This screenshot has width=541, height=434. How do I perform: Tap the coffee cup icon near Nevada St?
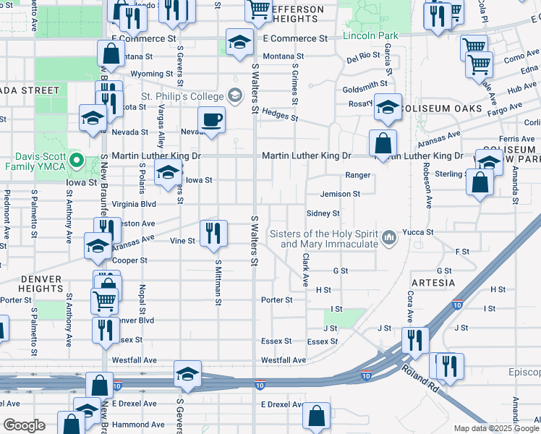click(x=211, y=119)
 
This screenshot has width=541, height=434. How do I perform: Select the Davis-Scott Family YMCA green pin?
click(x=82, y=161)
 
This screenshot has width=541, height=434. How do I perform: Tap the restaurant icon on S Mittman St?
click(x=213, y=233)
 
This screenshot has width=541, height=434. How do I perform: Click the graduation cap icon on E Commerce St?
click(x=239, y=42)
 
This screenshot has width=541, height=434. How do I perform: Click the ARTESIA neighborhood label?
click(x=433, y=282)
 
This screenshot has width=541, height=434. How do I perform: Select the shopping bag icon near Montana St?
click(x=111, y=54)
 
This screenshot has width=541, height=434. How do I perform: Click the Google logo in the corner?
click(x=24, y=425)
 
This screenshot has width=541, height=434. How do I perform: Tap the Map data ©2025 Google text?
click(x=495, y=428)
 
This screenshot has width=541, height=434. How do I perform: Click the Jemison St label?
click(x=340, y=194)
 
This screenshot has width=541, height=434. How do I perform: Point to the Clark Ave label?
click(x=306, y=268)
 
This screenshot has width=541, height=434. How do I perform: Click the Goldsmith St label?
click(x=365, y=85)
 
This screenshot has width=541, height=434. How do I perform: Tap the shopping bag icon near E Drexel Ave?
click(x=316, y=416)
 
